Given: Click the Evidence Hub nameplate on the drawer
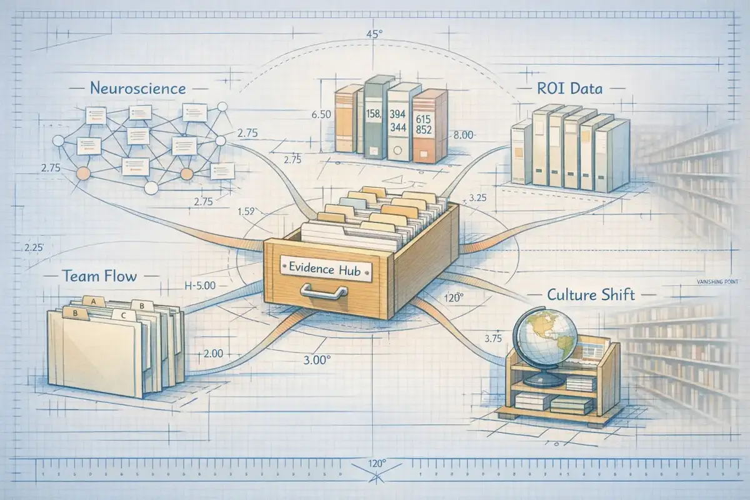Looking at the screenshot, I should tap(324, 266).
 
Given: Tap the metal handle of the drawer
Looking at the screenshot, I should tap(324, 291).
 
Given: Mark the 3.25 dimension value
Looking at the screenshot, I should tap(477, 198).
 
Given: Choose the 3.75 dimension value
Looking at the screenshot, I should tap(494, 338).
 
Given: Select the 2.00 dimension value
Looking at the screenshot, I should tap(212, 354).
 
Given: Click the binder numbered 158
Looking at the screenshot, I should tap(374, 119).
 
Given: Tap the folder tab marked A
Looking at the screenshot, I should tap(94, 301).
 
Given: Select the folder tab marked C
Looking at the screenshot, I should tap(123, 316).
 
